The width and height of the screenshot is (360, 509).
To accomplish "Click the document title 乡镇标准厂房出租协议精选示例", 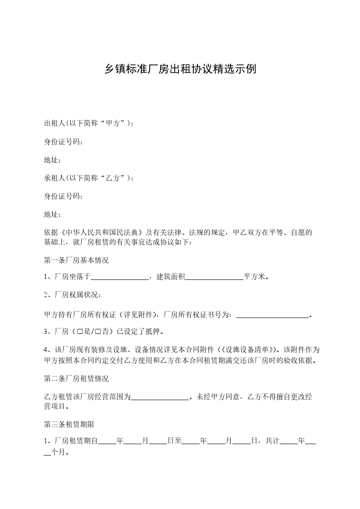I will (180, 69).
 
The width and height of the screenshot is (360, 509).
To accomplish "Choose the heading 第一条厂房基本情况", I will (76, 260).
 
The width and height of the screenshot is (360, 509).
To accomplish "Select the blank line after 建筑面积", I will (214, 278).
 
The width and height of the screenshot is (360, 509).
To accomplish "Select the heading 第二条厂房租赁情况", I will (76, 378).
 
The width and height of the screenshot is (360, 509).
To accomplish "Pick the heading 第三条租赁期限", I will (69, 425).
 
